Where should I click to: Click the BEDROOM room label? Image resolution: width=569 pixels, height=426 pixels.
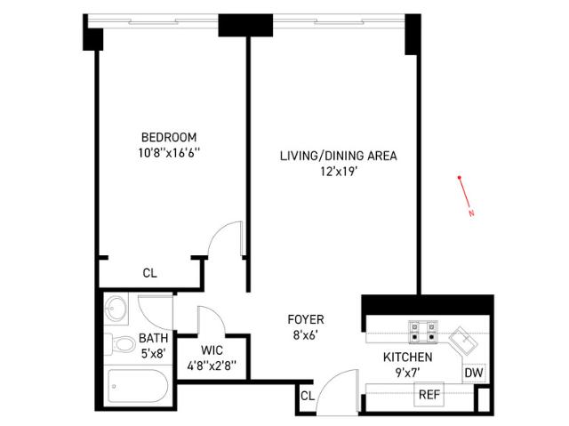coord(169,138)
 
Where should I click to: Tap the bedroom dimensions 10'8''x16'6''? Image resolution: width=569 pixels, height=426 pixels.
coord(169,153)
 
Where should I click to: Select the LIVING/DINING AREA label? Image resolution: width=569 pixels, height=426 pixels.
coord(338,156)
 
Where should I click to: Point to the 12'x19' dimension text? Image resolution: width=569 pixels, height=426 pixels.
coord(339,172)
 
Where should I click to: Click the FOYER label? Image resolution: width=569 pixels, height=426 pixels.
coord(306,319)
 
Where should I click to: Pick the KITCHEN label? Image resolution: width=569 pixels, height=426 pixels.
coord(407,357)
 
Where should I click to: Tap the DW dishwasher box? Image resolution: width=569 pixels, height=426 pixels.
coord(474,373)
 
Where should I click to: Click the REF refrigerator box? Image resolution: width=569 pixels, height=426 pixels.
coord(429,394)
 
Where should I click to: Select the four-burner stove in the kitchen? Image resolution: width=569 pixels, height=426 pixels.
coord(423,332)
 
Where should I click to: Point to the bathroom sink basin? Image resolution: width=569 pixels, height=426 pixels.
coord(116,309)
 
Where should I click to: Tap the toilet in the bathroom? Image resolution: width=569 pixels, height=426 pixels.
coord(119,343)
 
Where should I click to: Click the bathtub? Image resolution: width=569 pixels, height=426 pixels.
coord(138,386)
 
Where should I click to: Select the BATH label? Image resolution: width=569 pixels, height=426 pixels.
coord(154,338)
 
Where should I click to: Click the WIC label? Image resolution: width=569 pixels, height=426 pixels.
coord(212,350)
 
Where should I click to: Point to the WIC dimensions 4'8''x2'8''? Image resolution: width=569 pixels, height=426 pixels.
coord(212,366)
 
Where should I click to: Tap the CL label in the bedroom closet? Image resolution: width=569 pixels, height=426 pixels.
coord(150,273)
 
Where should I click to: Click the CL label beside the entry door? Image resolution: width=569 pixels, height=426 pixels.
coord(308,396)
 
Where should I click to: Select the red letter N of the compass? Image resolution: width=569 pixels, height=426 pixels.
coord(471,213)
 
